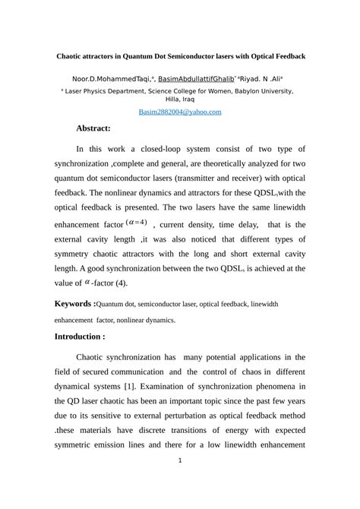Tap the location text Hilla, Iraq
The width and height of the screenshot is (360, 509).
pyautogui.click(x=180, y=100)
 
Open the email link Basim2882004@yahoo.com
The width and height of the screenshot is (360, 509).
pyautogui.click(x=179, y=112)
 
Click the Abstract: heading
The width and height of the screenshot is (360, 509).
pyautogui.click(x=93, y=128)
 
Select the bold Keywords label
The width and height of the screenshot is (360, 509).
pyautogui.click(x=74, y=304)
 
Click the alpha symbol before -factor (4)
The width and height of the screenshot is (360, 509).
pyautogui.click(x=109, y=282)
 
